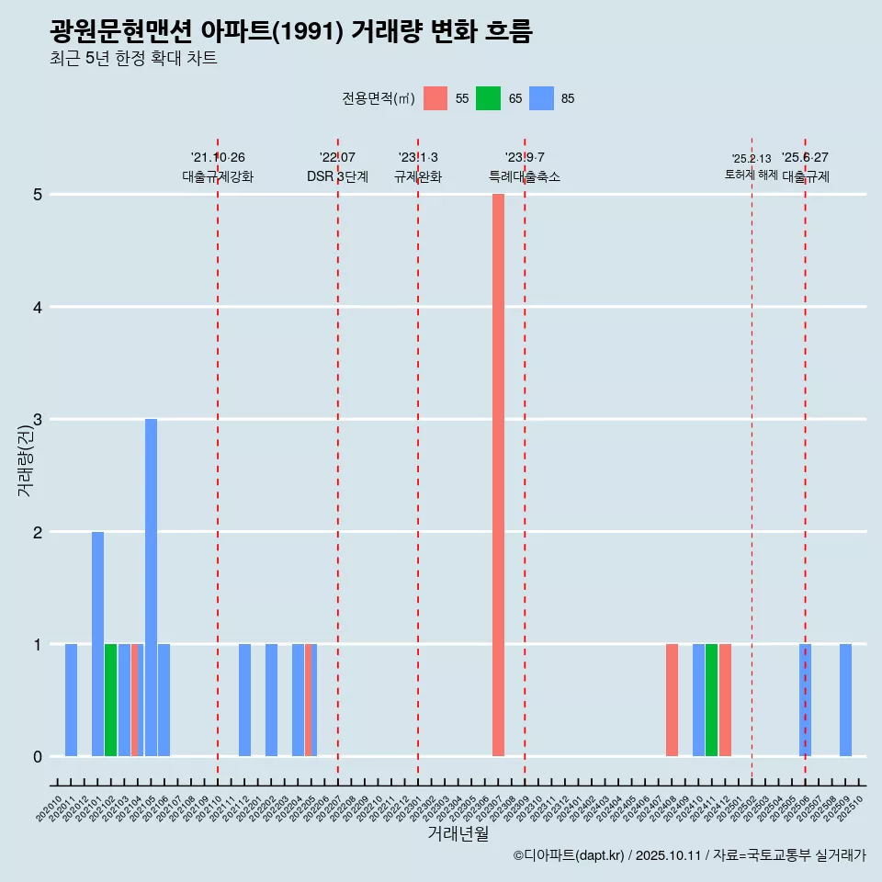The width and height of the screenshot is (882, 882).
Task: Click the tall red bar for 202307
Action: (x=498, y=475)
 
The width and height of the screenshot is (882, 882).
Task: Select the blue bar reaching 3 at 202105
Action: (x=151, y=588)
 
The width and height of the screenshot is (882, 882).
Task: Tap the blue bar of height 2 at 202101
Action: (x=97, y=643)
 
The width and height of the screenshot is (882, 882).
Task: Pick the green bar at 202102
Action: (x=110, y=700)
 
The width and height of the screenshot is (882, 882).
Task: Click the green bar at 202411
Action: (x=711, y=700)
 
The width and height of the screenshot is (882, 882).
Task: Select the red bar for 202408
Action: (x=672, y=700)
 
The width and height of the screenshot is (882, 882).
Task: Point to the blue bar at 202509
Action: (x=845, y=700)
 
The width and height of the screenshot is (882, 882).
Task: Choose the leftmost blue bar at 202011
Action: (x=71, y=700)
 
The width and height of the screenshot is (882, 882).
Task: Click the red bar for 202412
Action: (x=725, y=700)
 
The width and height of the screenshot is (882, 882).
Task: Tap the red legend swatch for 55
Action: (x=435, y=98)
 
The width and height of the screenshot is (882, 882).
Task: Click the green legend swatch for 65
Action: (x=488, y=98)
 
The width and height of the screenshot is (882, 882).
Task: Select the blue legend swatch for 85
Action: (x=542, y=98)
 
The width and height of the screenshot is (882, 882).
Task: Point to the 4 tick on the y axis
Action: (x=38, y=307)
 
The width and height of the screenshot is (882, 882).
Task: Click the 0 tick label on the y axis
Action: (x=38, y=757)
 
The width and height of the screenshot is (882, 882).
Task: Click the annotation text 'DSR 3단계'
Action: (x=337, y=176)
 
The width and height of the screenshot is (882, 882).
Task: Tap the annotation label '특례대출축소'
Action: (x=524, y=176)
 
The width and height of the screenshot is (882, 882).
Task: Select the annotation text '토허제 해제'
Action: (x=751, y=175)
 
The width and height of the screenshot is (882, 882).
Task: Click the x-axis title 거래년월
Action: (x=458, y=833)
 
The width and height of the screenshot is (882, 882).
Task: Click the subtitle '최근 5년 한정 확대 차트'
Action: (x=133, y=59)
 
